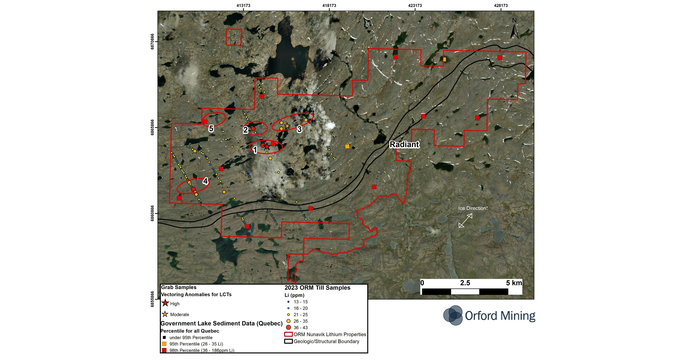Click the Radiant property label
pyautogui.click(x=404, y=144)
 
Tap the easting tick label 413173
pyautogui.click(x=243, y=5)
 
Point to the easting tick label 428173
pyautogui.click(x=501, y=5)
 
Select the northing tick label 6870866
pyautogui.click(x=152, y=41)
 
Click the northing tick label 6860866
pyautogui.click(x=152, y=213)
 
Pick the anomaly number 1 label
pyautogui.click(x=255, y=150)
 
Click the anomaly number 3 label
pyautogui.click(x=299, y=129)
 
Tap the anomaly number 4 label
pyautogui.click(x=205, y=181)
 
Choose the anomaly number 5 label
pyautogui.click(x=211, y=129)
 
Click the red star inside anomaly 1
pyautogui.click(x=267, y=146)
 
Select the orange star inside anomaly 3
pyautogui.click(x=287, y=126)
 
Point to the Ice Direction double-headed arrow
pyautogui.click(x=465, y=220)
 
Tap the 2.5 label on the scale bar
pyautogui.click(x=465, y=283)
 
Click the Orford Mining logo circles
pyautogui.click(x=453, y=315)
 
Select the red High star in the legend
pyautogui.click(x=165, y=303)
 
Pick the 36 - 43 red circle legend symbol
pyautogui.click(x=288, y=327)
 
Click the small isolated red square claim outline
pyautogui.click(x=234, y=37)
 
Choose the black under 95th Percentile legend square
pyautogui.click(x=164, y=337)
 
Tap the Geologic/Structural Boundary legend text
pyautogui.click(x=326, y=341)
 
